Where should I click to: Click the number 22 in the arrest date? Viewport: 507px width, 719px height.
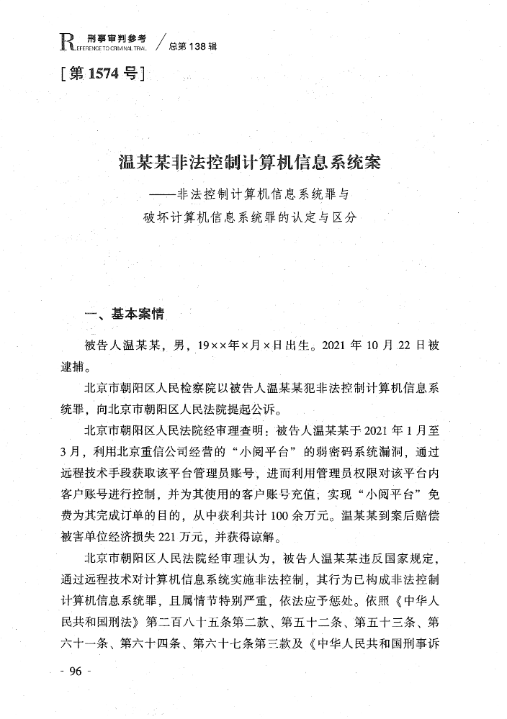click(x=397, y=345)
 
